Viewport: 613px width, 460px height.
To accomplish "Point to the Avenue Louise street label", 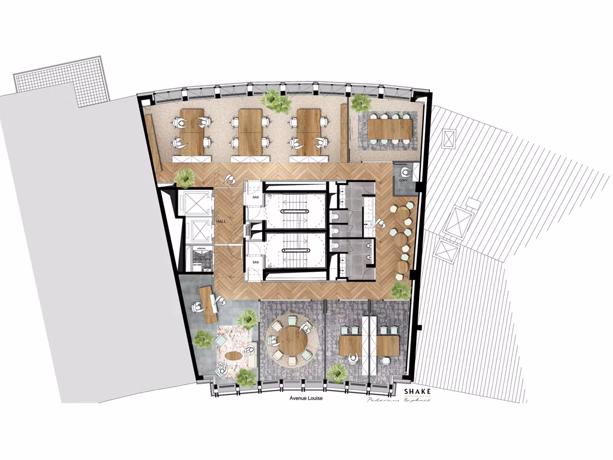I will [306, 398].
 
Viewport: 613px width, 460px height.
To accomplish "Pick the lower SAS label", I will [255, 262].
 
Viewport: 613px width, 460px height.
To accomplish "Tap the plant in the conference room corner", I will [360, 102].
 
